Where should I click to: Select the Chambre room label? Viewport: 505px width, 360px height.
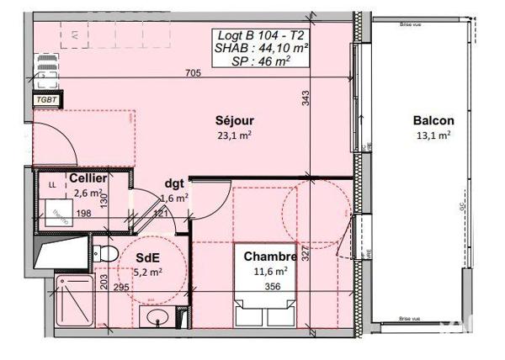coord(269,257)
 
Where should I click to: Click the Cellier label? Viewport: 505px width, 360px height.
coord(88,179)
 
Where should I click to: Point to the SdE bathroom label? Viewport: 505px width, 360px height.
coord(148,257)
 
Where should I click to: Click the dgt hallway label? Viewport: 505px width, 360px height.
coord(174,184)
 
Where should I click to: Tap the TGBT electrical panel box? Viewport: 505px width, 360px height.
coord(45,99)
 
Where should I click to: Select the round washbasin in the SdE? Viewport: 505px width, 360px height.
coord(157,318)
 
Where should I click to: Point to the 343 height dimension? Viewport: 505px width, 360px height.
coord(306,99)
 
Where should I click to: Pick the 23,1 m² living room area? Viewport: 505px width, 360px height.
coord(236,134)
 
